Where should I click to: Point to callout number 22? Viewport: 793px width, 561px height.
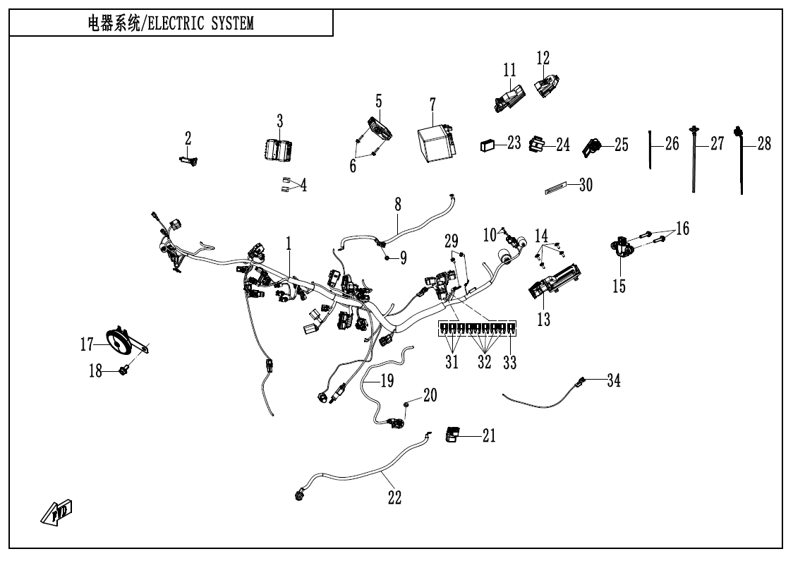[394, 497]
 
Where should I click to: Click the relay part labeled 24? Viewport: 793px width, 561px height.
[537, 144]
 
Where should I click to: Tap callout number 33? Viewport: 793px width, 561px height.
[510, 363]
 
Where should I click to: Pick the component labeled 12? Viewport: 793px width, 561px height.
[545, 86]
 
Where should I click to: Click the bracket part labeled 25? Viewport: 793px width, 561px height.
[591, 147]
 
